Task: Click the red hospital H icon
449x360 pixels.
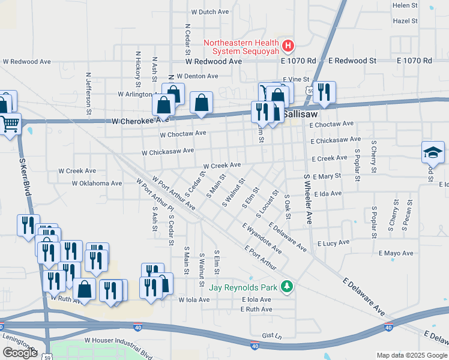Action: pos(288,46)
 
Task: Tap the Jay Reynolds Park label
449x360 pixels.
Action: pos(243,287)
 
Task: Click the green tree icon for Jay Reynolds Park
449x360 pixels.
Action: pos(288,287)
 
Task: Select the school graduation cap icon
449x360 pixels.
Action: pos(433,152)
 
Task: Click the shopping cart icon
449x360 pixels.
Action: pos(10,124)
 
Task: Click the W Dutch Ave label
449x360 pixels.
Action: pos(210,11)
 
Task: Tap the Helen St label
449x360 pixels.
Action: pos(405,5)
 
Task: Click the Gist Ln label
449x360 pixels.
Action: pos(270,336)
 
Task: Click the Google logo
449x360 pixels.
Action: pos(20,353)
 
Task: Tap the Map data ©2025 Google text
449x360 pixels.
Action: pos(412,355)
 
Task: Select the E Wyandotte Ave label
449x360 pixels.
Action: pos(262,238)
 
